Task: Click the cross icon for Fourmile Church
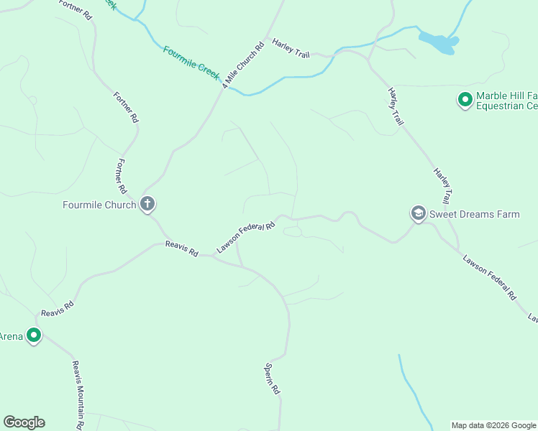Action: click(x=147, y=204)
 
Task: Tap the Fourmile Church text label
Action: click(x=99, y=205)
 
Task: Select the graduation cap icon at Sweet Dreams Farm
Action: click(x=418, y=213)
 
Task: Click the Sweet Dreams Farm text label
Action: click(x=474, y=214)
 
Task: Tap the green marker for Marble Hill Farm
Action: click(x=465, y=99)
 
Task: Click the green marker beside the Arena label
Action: click(x=33, y=335)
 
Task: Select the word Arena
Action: click(x=10, y=335)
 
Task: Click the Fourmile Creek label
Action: click(x=192, y=63)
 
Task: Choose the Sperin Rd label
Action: click(x=271, y=378)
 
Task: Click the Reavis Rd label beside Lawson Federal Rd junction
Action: click(x=181, y=249)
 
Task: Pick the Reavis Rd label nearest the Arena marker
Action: click(x=58, y=308)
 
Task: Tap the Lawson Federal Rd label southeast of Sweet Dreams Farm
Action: click(x=490, y=277)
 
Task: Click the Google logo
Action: click(x=24, y=422)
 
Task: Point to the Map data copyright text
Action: click(x=493, y=425)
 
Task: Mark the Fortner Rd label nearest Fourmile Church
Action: click(x=122, y=175)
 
